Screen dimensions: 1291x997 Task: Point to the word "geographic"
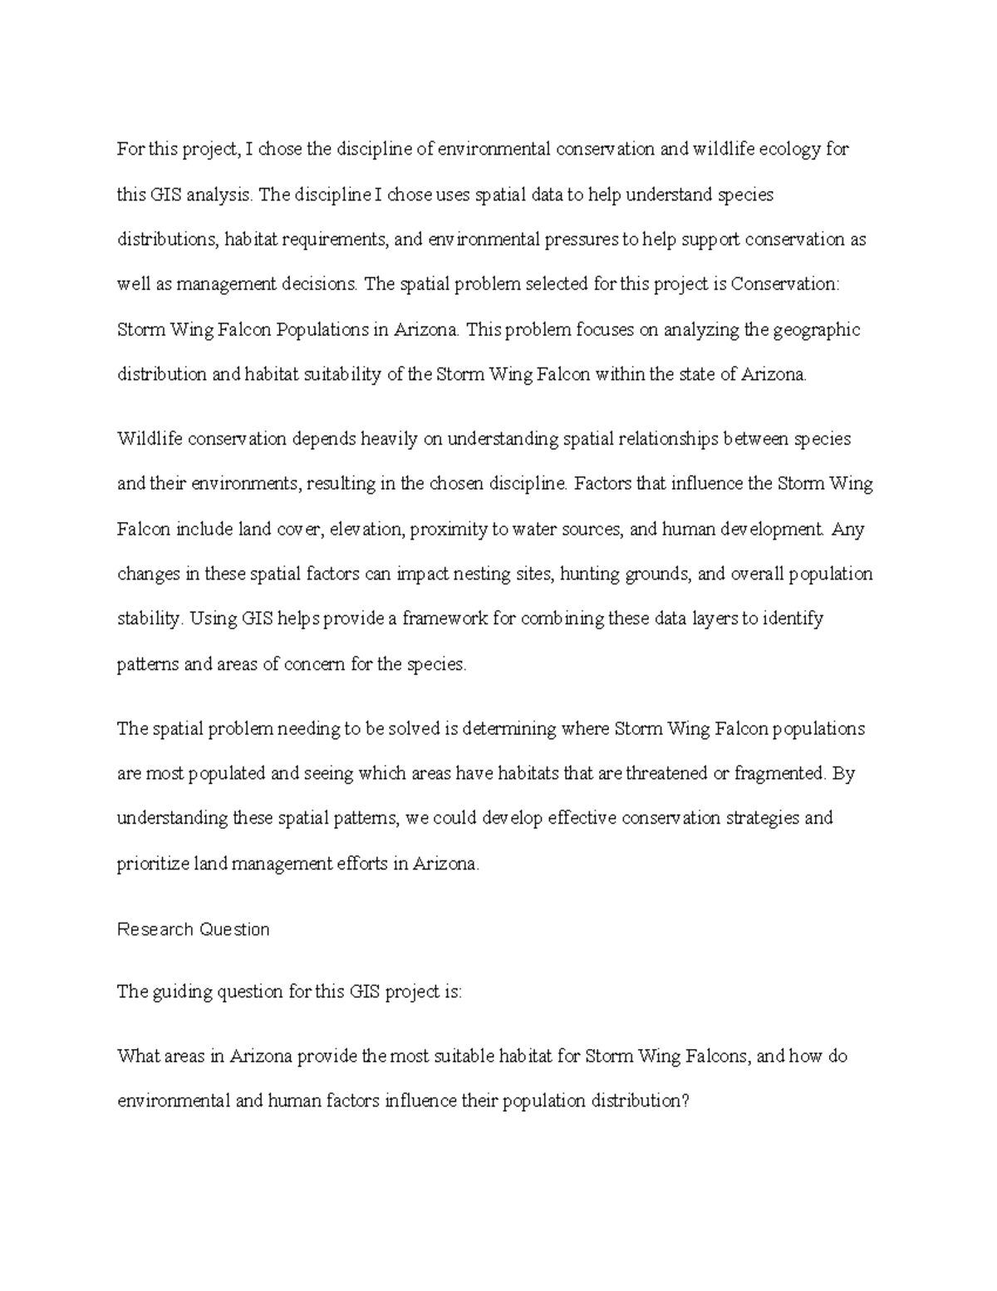816,330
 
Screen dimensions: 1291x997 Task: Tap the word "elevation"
365,530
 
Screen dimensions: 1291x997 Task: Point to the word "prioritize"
153,865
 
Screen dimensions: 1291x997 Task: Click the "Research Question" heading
194,929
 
